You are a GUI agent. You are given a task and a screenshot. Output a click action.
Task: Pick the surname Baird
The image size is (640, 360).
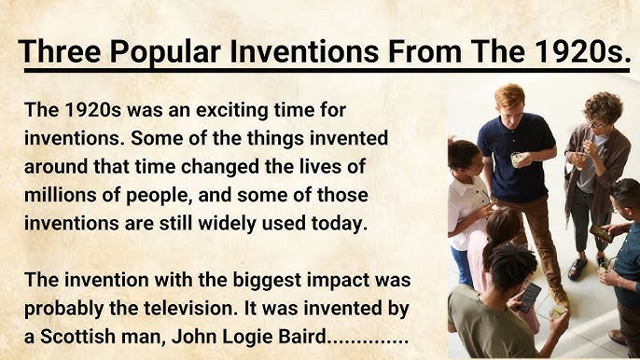point(299,336)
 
